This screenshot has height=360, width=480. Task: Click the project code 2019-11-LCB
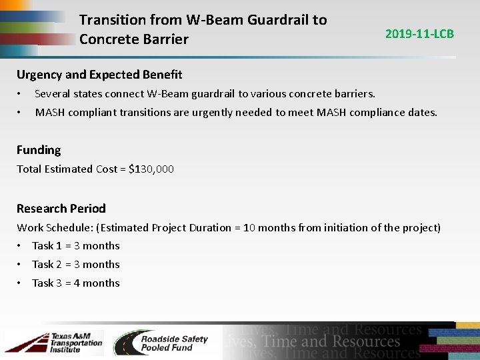point(419,33)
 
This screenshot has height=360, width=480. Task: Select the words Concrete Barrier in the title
point(133,39)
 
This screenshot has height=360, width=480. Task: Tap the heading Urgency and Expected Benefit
point(99,75)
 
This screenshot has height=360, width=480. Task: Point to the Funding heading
point(39,150)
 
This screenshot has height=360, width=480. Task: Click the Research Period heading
point(61,209)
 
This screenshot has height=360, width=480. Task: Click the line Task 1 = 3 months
point(76,246)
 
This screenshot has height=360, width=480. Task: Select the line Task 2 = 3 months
point(76,265)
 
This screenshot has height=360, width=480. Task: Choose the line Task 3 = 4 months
point(76,283)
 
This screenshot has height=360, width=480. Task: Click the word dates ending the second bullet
point(422,113)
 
